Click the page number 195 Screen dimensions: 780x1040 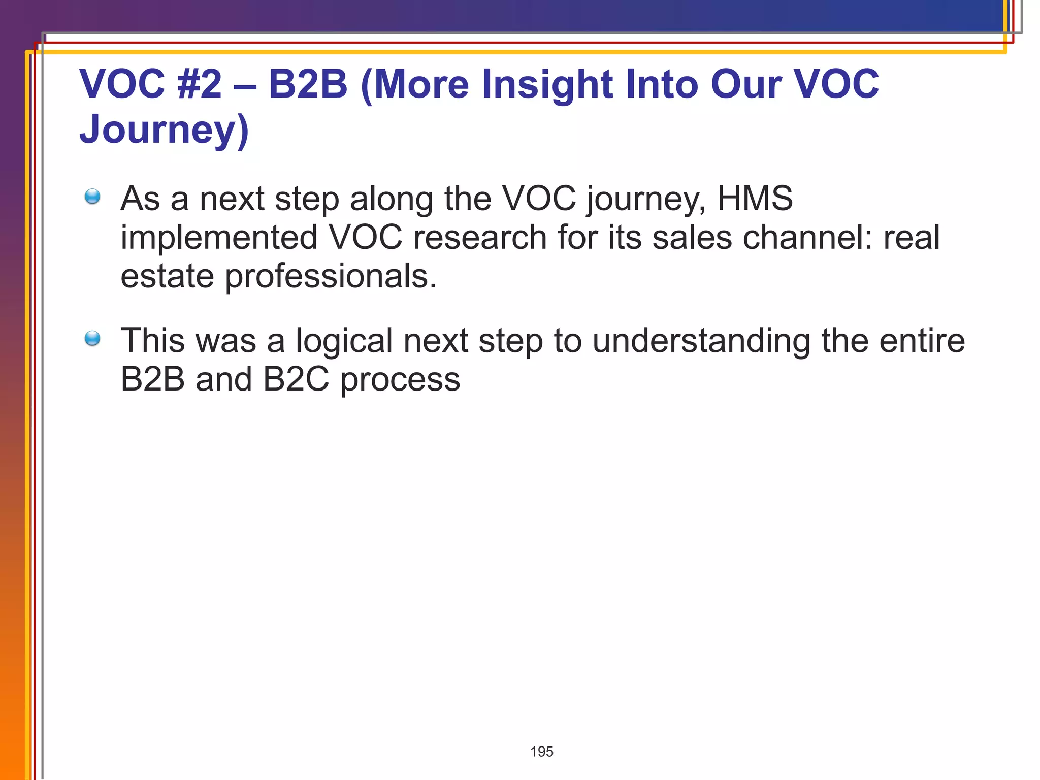[541, 752]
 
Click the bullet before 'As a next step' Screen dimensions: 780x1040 [92, 197]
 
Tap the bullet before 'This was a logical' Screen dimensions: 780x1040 [92, 338]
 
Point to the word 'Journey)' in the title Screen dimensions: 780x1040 [164, 129]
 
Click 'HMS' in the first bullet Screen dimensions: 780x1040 [755, 198]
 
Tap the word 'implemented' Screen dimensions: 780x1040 [219, 237]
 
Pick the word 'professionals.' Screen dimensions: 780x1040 [331, 277]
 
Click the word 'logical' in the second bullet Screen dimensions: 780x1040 [344, 341]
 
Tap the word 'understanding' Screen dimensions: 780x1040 [701, 341]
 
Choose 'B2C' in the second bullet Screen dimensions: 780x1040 [296, 379]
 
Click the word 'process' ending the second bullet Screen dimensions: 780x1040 [400, 380]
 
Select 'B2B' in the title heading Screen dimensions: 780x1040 [308, 84]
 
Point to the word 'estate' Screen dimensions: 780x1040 [167, 277]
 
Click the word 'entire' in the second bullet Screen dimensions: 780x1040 [922, 341]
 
